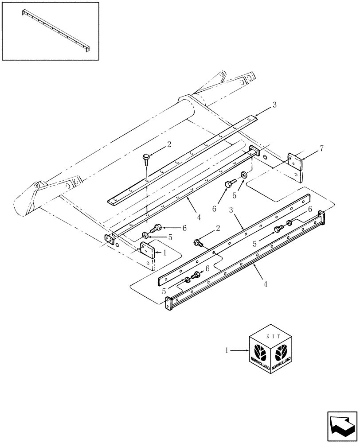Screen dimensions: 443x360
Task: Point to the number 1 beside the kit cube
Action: [x=227, y=350]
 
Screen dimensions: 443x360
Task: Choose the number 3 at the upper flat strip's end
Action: [x=274, y=105]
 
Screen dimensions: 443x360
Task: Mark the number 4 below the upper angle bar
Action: [x=199, y=217]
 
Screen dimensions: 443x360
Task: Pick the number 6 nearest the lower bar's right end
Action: [x=310, y=209]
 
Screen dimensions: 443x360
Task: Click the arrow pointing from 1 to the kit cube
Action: [x=240, y=351]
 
